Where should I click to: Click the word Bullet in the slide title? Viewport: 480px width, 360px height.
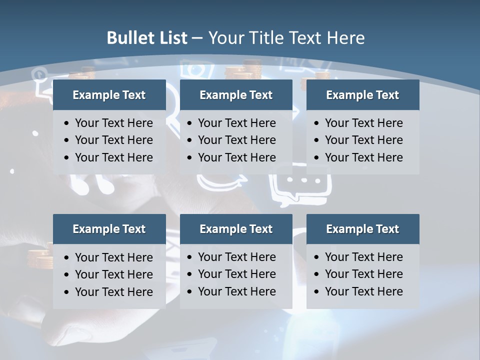pyautogui.click(x=130, y=38)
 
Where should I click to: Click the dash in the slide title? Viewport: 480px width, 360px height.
pyautogui.click(x=197, y=38)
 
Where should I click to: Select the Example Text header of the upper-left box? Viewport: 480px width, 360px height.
pyautogui.click(x=109, y=95)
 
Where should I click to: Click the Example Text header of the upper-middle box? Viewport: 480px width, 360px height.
pyautogui.click(x=236, y=95)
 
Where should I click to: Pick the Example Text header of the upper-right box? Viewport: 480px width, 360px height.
pyautogui.click(x=362, y=95)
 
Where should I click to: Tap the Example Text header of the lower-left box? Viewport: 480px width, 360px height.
pyautogui.click(x=109, y=229)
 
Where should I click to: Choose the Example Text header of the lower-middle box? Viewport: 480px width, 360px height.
pyautogui.click(x=236, y=229)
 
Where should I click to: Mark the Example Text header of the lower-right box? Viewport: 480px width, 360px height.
pyautogui.click(x=362, y=229)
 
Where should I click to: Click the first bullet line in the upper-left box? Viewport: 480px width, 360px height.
pyautogui.click(x=113, y=123)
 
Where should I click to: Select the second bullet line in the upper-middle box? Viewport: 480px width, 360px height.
pyautogui.click(x=236, y=140)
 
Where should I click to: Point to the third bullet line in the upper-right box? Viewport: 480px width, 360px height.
pyautogui.click(x=363, y=157)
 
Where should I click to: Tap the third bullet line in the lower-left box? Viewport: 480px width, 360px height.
pyautogui.click(x=113, y=292)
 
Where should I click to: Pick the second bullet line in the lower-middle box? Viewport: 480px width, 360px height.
pyautogui.click(x=236, y=274)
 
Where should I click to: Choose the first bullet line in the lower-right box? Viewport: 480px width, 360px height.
pyautogui.click(x=363, y=257)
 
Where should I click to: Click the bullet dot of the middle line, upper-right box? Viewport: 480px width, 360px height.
pyautogui.click(x=316, y=140)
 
